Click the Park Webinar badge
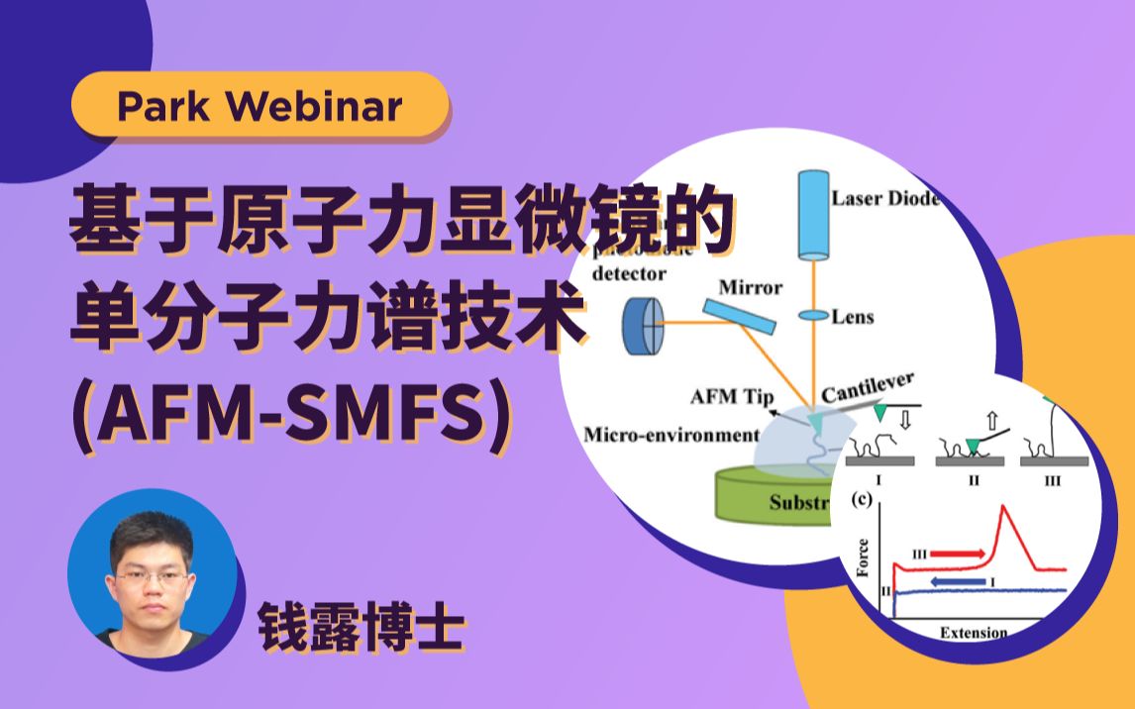(x=259, y=105)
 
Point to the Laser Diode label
(x=884, y=198)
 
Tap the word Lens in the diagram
(x=852, y=317)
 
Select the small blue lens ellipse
(x=813, y=316)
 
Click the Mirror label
(x=750, y=288)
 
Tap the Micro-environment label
(x=671, y=435)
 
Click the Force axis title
(x=864, y=557)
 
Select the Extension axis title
(x=973, y=633)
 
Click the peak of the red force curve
(x=1007, y=508)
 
